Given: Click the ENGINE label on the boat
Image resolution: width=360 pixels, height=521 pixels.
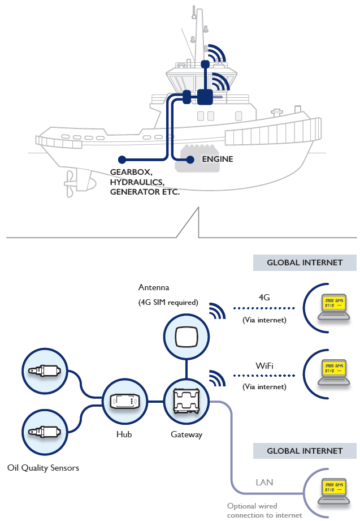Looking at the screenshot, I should point(218,160).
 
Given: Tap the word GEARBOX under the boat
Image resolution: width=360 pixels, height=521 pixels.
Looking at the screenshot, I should point(130,171).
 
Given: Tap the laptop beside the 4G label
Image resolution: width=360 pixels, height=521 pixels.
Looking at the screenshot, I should point(332,306).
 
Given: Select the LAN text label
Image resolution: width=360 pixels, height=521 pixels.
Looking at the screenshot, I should point(264,483).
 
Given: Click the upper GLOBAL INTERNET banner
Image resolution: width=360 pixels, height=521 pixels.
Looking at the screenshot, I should point(305,262).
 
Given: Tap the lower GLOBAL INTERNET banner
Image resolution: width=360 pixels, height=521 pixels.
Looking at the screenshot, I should point(305,451).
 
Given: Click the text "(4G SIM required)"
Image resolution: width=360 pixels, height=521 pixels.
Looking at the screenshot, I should point(168,302).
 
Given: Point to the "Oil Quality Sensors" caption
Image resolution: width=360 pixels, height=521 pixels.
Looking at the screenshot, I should point(44,468).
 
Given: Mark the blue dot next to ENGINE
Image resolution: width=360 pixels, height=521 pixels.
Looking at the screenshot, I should point(190,160).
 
